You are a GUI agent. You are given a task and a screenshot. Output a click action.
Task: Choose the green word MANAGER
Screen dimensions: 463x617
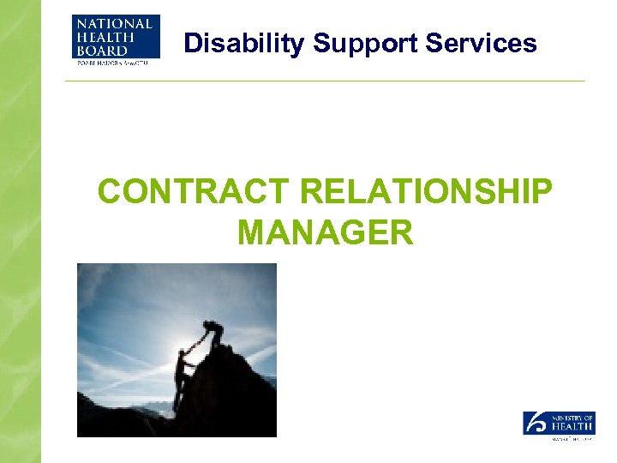(x=325, y=231)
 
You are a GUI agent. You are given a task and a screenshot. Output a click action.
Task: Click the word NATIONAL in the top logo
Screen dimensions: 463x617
(x=116, y=23)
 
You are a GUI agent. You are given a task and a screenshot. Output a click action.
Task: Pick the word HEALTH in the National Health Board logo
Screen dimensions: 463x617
(x=99, y=36)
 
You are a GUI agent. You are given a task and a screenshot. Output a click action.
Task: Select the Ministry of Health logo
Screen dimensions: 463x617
(x=559, y=424)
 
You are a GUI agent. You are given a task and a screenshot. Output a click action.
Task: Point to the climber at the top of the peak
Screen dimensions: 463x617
(x=212, y=334)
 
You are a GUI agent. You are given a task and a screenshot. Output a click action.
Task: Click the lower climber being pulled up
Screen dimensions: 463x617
(x=182, y=377)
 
